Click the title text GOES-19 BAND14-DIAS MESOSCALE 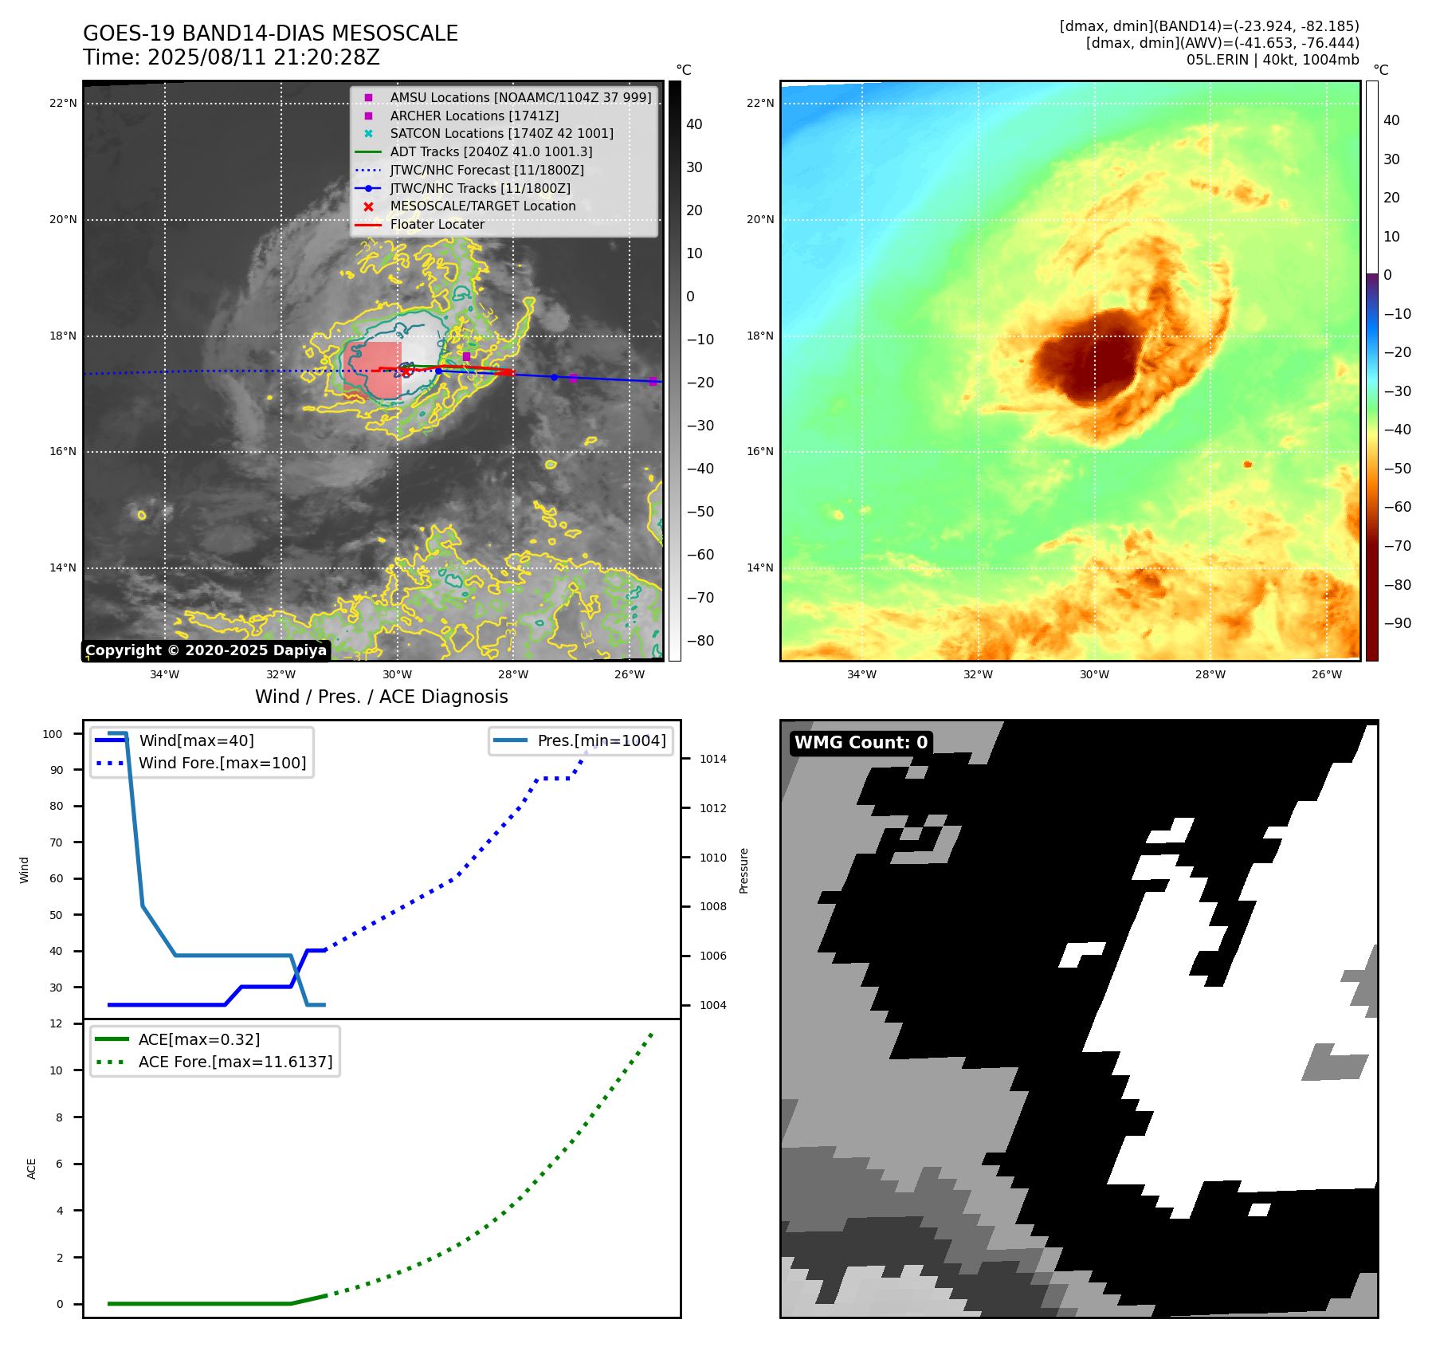270,33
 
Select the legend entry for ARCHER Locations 474,116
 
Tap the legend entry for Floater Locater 437,225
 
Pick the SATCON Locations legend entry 501,134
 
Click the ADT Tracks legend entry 491,151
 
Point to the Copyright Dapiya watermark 206,650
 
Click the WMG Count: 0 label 861,743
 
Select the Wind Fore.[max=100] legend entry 222,763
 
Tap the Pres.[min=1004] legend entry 601,740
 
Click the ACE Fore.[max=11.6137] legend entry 235,1062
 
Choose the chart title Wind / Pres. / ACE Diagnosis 381,697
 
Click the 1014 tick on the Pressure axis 713,759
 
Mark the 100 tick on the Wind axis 53,734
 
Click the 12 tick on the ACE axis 56,1023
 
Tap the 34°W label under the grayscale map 165,675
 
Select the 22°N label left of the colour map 760,103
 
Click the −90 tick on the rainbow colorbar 1397,623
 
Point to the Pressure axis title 743,870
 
